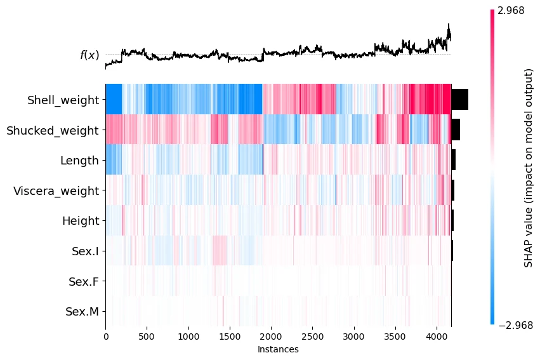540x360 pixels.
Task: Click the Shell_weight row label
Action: click(x=63, y=100)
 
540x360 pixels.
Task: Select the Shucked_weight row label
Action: click(x=52, y=130)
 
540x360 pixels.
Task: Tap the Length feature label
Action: click(x=79, y=161)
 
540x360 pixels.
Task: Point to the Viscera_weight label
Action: click(x=56, y=190)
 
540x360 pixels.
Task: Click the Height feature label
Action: click(x=81, y=221)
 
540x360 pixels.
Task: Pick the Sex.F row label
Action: click(x=83, y=281)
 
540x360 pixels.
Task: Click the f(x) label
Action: click(x=89, y=55)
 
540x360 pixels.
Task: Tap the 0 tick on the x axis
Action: click(x=105, y=337)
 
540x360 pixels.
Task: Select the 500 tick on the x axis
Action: click(x=147, y=337)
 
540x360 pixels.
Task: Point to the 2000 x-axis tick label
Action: click(x=271, y=337)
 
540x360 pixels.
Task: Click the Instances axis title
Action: click(x=278, y=349)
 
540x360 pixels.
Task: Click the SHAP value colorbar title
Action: click(x=528, y=168)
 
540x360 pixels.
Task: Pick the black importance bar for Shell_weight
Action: click(x=459, y=100)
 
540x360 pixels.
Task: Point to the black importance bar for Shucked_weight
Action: click(x=456, y=130)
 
